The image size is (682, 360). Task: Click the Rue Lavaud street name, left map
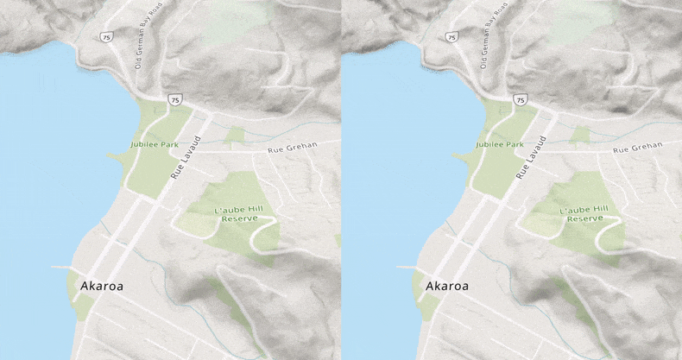pyautogui.click(x=186, y=156)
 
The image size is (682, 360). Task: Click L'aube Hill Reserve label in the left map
pyautogui.click(x=242, y=213)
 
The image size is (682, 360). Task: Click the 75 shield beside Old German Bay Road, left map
pyautogui.click(x=105, y=38)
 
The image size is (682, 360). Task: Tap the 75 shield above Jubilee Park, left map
pyautogui.click(x=175, y=100)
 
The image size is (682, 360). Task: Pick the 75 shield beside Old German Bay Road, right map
pyautogui.click(x=450, y=38)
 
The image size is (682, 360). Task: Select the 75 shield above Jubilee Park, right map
pyautogui.click(x=520, y=100)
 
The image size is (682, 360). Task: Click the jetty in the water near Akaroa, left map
pyautogui.click(x=60, y=268)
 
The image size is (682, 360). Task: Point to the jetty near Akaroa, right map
pyautogui.click(x=405, y=268)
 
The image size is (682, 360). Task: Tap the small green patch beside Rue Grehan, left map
pyautogui.click(x=235, y=135)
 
